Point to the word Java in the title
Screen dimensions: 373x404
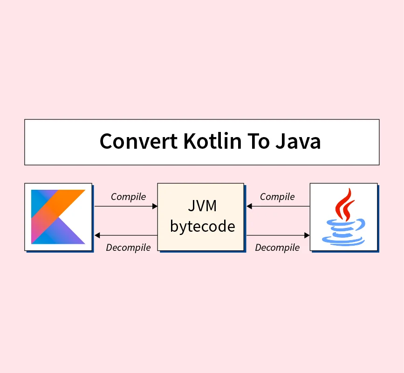pyautogui.click(x=298, y=141)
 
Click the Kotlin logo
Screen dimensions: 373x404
pyautogui.click(x=58, y=217)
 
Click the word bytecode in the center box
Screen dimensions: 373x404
pyautogui.click(x=202, y=227)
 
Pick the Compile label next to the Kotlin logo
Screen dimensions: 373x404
pyautogui.click(x=128, y=197)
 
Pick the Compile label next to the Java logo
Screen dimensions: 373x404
pyautogui.click(x=277, y=197)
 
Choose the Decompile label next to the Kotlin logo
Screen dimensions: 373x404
pyautogui.click(x=128, y=248)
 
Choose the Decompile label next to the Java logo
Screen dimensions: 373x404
pyautogui.click(x=277, y=248)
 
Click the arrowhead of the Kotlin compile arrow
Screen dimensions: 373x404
pyautogui.click(x=155, y=206)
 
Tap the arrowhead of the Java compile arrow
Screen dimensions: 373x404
pyautogui.click(x=249, y=206)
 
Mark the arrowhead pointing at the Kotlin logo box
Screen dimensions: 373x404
pyautogui.click(x=97, y=235)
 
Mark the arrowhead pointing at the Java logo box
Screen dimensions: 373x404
pyautogui.click(x=307, y=235)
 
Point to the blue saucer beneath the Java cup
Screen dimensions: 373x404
pyautogui.click(x=344, y=240)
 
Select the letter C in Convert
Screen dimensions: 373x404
pyautogui.click(x=106, y=141)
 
